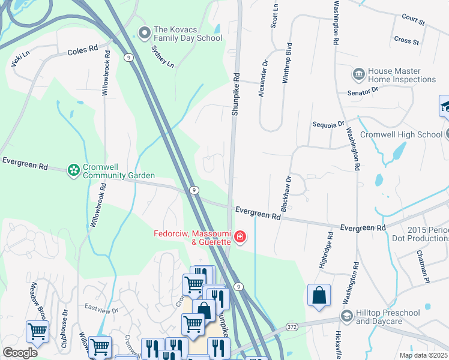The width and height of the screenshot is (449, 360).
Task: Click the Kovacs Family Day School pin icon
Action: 143,32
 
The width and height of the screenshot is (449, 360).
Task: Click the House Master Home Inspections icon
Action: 358,74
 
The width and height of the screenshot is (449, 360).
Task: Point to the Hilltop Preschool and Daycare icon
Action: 346,316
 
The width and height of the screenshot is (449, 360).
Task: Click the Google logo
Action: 20,353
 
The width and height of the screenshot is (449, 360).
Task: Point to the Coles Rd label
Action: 82,51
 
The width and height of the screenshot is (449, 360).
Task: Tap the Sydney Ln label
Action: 162,56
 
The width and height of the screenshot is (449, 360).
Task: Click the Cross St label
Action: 406,41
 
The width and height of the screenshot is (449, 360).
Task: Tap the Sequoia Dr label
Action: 328,124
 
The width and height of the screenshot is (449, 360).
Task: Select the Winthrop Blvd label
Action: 288,62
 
